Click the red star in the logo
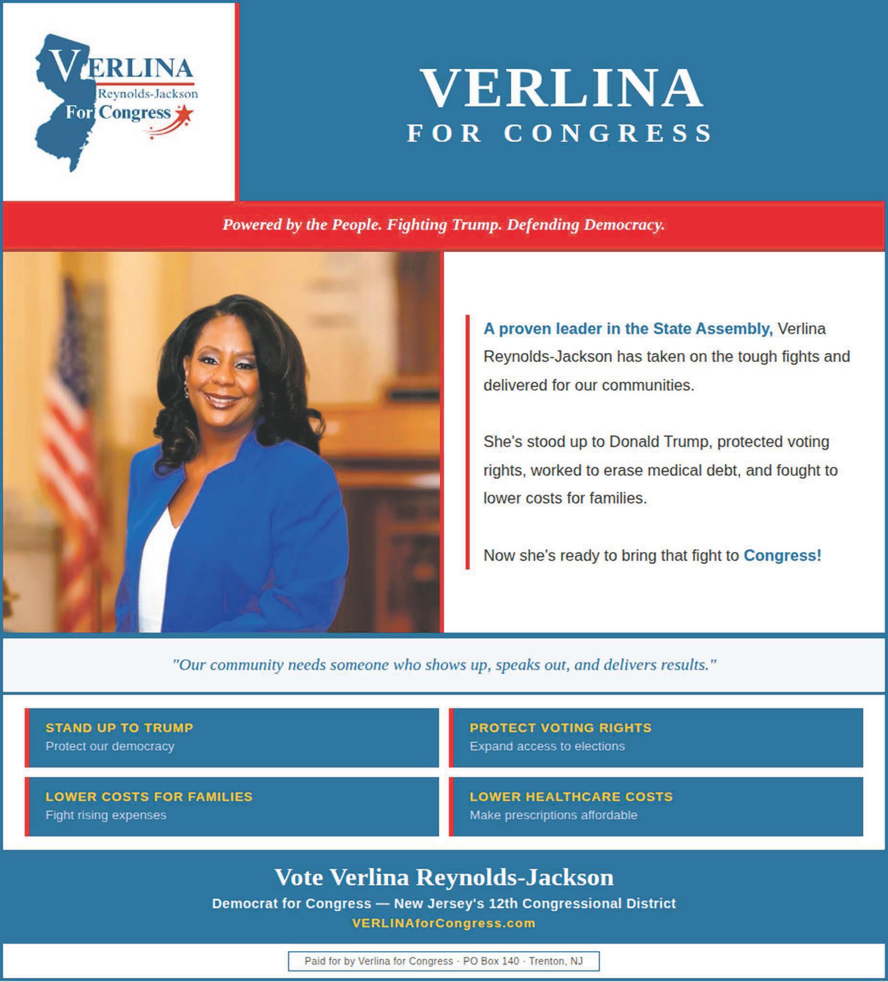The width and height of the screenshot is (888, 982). click(186, 115)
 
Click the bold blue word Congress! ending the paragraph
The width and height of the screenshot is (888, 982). click(782, 555)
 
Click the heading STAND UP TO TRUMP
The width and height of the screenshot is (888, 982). click(119, 728)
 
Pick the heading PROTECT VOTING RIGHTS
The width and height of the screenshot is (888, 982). click(560, 728)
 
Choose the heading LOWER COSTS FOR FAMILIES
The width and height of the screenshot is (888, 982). click(149, 796)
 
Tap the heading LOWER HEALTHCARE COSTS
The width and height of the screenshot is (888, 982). click(571, 796)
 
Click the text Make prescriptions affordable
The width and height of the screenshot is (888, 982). click(553, 815)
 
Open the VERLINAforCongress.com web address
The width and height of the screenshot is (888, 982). click(443, 923)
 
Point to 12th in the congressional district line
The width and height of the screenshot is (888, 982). click(502, 903)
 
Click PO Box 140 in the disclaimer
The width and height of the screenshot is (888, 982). click(491, 961)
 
